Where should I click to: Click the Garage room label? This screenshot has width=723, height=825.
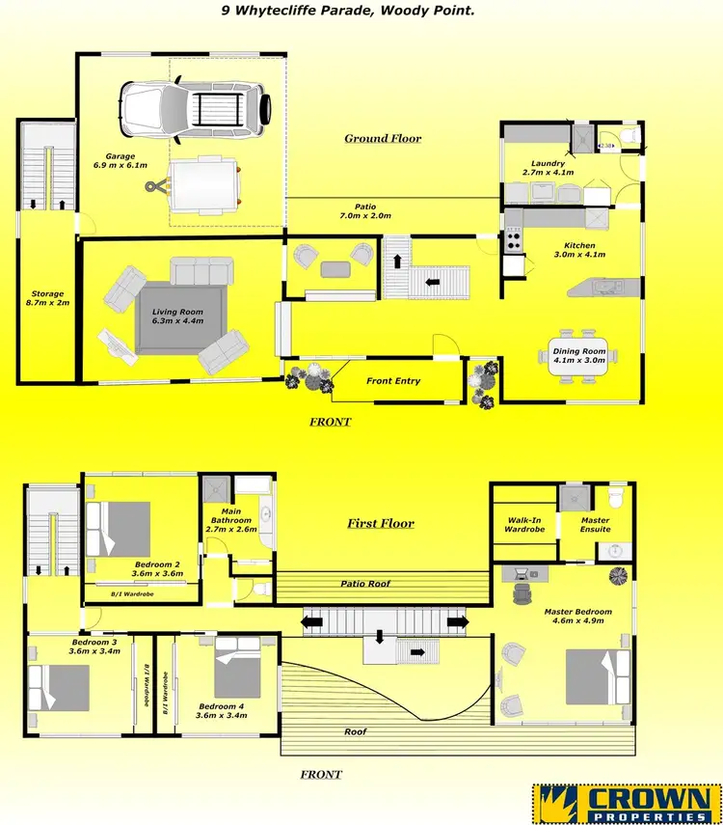tap(120, 160)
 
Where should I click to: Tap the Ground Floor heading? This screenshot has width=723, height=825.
tap(383, 138)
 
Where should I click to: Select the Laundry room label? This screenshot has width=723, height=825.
tap(548, 168)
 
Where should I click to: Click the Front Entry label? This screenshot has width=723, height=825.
tap(393, 381)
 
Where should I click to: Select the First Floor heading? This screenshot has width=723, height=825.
tap(381, 524)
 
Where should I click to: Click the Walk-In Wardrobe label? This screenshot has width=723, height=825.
tap(524, 524)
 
